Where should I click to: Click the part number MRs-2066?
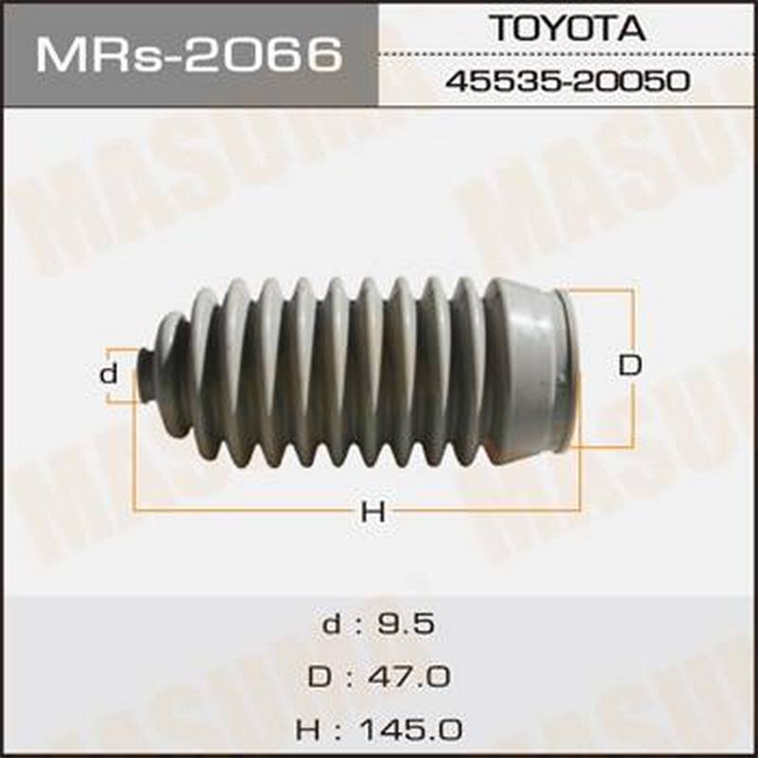(189, 56)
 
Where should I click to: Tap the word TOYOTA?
(568, 28)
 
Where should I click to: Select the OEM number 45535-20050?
(567, 81)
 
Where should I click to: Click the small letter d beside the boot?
(108, 373)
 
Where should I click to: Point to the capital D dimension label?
(629, 366)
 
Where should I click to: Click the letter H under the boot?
(373, 511)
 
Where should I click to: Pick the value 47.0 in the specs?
(409, 677)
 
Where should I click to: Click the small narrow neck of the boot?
(146, 374)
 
